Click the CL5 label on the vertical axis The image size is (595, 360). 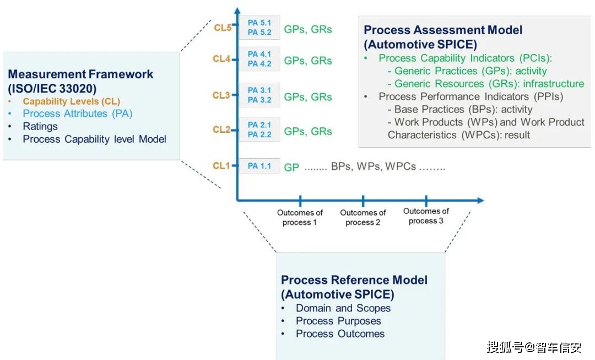(x=223, y=28)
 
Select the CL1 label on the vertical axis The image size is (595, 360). (x=221, y=165)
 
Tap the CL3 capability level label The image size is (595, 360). (x=221, y=95)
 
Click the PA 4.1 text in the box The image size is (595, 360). (x=259, y=54)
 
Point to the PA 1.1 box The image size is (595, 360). (x=259, y=165)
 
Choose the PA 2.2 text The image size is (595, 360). (x=259, y=135)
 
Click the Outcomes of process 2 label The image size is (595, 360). (x=363, y=218)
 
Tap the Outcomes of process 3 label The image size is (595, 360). (x=426, y=216)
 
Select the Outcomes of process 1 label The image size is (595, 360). (x=300, y=218)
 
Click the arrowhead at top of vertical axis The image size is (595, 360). (x=237, y=10)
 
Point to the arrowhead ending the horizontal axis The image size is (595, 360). (x=480, y=200)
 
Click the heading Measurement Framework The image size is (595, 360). (x=80, y=74)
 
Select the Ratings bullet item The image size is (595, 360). (x=40, y=126)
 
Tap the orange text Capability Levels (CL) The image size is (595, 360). (x=71, y=101)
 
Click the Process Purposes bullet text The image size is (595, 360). (x=338, y=321)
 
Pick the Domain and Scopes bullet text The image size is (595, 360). (x=343, y=308)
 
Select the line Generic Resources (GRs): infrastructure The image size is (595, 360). (x=486, y=84)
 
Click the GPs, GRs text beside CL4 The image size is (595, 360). (x=308, y=61)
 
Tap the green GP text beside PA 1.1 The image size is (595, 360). (x=291, y=168)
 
